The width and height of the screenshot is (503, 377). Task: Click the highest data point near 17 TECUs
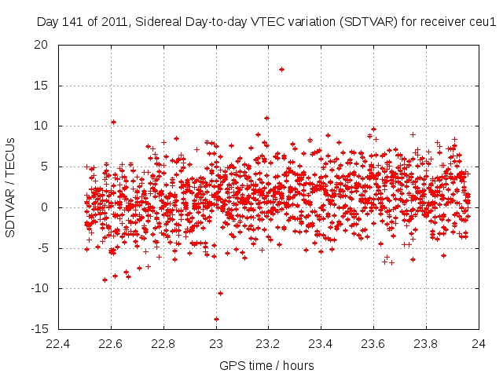click(x=281, y=69)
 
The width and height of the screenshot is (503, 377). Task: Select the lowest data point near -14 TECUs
click(x=216, y=319)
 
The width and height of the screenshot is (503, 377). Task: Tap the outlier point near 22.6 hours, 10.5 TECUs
click(x=113, y=122)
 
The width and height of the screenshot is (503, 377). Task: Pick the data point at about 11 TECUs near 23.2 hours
click(x=267, y=118)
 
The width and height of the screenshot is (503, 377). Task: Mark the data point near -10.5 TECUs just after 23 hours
click(x=220, y=293)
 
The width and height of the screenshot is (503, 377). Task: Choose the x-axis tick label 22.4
click(x=59, y=343)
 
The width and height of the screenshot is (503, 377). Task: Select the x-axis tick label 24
click(x=479, y=343)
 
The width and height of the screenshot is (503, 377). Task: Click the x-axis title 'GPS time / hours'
click(x=268, y=365)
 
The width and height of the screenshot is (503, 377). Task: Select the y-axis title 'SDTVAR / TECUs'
click(x=10, y=187)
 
